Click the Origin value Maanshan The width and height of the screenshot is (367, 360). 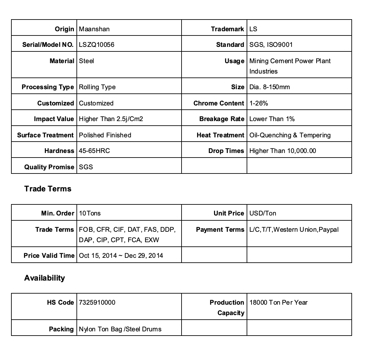click(x=94, y=29)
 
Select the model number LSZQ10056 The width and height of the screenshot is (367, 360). click(x=97, y=45)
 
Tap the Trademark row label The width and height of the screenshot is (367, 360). click(x=227, y=29)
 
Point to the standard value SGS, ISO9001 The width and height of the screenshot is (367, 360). click(x=271, y=45)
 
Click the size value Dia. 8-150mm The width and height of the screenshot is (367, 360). click(x=269, y=87)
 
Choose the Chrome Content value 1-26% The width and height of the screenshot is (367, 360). click(x=259, y=103)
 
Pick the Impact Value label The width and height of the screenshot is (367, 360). click(x=54, y=119)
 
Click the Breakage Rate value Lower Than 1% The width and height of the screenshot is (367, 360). click(x=272, y=119)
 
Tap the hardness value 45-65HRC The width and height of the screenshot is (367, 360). click(x=94, y=151)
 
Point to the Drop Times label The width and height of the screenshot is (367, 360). click(x=226, y=151)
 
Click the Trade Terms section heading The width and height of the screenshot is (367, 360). click(x=48, y=189)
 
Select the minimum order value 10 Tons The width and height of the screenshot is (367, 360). click(x=90, y=213)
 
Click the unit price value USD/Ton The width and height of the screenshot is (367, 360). click(x=263, y=213)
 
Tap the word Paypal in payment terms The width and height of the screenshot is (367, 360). click(x=329, y=229)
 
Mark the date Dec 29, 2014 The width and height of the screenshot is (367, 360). click(x=144, y=256)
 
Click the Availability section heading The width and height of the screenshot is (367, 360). click(x=44, y=278)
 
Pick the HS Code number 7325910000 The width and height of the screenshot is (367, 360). click(x=97, y=302)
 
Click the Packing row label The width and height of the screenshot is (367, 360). click(x=61, y=329)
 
